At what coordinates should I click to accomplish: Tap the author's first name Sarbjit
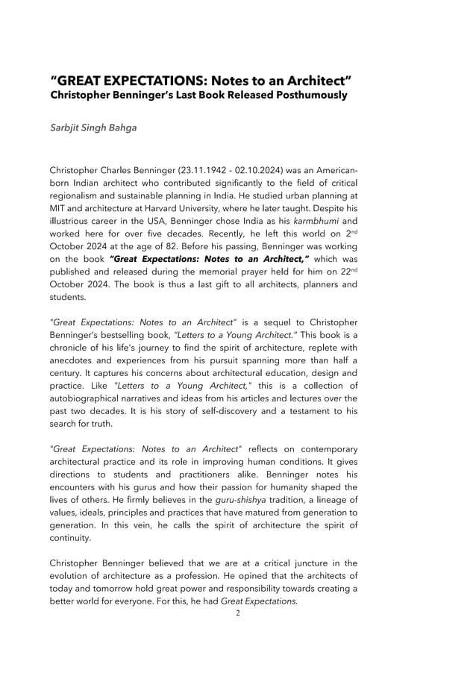(x=67, y=128)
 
